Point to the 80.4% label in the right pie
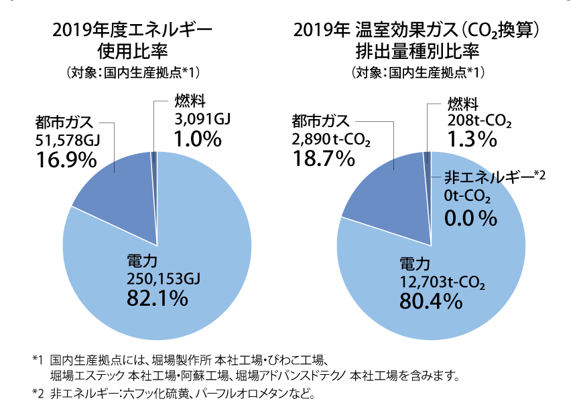tap(431, 301)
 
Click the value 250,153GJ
tap(164, 277)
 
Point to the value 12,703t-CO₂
tap(442, 280)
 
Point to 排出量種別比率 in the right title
tap(417, 51)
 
